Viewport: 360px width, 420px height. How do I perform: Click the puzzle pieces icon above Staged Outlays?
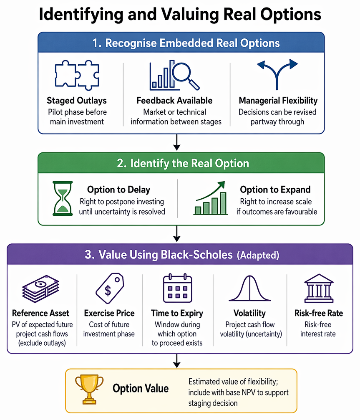point(77,75)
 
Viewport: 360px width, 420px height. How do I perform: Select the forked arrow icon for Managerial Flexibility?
point(277,75)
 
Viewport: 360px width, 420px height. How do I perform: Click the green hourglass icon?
point(63,198)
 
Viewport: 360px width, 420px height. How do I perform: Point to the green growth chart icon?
point(211,198)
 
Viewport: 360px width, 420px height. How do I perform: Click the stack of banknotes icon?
point(40,289)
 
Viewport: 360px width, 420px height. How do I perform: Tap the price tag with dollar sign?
point(110,288)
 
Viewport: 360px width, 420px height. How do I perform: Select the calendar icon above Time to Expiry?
point(177,288)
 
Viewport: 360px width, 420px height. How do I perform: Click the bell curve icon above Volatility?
point(250,288)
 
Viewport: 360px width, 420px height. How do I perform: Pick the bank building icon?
point(319,288)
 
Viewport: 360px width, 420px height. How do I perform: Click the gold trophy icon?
point(89,389)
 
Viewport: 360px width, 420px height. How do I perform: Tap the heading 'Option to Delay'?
point(118,190)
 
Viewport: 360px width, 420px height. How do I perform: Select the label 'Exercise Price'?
point(109,313)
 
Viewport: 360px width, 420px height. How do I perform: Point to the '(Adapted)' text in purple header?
point(258,255)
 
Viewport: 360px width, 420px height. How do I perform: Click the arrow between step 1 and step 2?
point(176,142)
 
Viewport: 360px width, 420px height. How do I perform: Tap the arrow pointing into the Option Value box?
point(176,361)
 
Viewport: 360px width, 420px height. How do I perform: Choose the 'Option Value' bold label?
point(141,388)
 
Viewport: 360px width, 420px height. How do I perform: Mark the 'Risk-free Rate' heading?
point(319,313)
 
